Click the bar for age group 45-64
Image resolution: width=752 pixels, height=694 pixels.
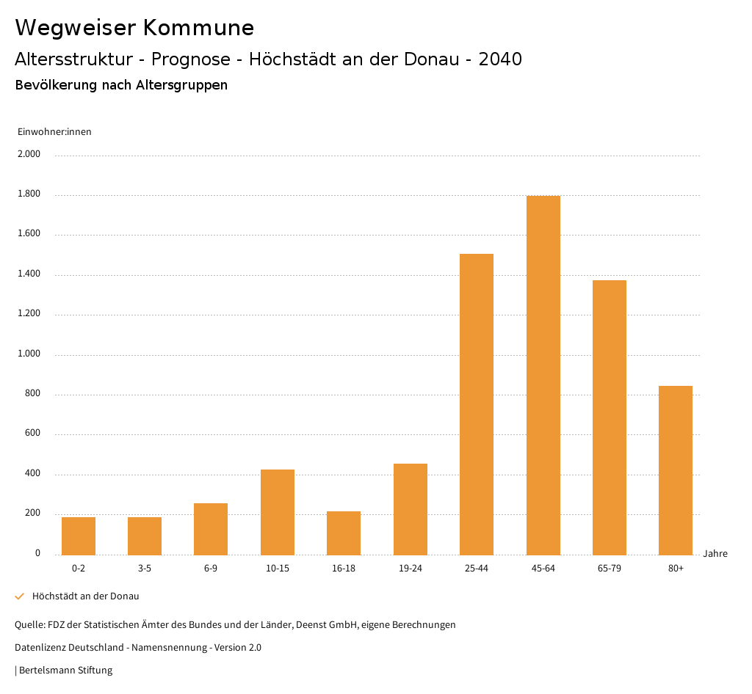point(543,375)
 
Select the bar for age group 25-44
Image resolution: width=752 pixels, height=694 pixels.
point(477,404)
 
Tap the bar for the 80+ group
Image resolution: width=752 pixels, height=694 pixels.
point(676,470)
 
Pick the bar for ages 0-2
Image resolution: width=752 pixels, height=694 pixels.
point(79,536)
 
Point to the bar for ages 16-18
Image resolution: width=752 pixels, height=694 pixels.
point(344,533)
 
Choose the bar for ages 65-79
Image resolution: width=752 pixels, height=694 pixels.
point(610,417)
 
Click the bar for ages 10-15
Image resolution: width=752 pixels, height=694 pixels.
point(278,512)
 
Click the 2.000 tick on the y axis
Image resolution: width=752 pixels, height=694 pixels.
point(29,155)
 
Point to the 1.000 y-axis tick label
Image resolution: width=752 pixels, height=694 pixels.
point(29,354)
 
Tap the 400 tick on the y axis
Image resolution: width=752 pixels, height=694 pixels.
point(32,474)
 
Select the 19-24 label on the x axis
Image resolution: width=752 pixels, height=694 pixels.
point(410,569)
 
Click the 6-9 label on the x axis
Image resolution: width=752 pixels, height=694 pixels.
point(211,569)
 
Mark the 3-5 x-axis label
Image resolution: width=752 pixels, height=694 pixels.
point(145,569)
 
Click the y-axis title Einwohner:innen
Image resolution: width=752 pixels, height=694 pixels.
point(54,132)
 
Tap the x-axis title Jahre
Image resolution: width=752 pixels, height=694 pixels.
point(715,554)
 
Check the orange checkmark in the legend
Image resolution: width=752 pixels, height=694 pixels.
point(20,596)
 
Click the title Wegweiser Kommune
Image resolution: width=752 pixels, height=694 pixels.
point(134,28)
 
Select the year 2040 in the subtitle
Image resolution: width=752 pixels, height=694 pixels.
point(499,59)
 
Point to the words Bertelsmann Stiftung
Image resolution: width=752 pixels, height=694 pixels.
point(65,671)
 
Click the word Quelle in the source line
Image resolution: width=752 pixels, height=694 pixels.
point(29,625)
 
